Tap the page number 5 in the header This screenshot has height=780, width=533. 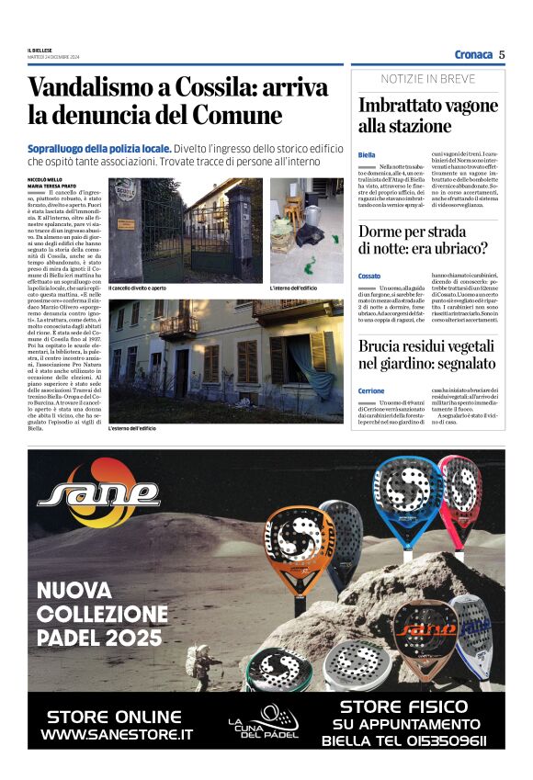pos(502,54)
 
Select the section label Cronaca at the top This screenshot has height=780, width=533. pos(473,54)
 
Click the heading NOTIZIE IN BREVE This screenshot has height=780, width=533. pos(428,79)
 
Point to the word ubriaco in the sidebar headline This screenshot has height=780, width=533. pos(464,249)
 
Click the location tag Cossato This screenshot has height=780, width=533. pos(370,276)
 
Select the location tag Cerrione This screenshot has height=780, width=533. pos(372,390)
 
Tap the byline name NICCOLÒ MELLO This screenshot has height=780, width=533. pos(45,180)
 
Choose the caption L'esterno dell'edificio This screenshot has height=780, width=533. pos(132,429)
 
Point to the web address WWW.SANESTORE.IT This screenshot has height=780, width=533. pos(117,735)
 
